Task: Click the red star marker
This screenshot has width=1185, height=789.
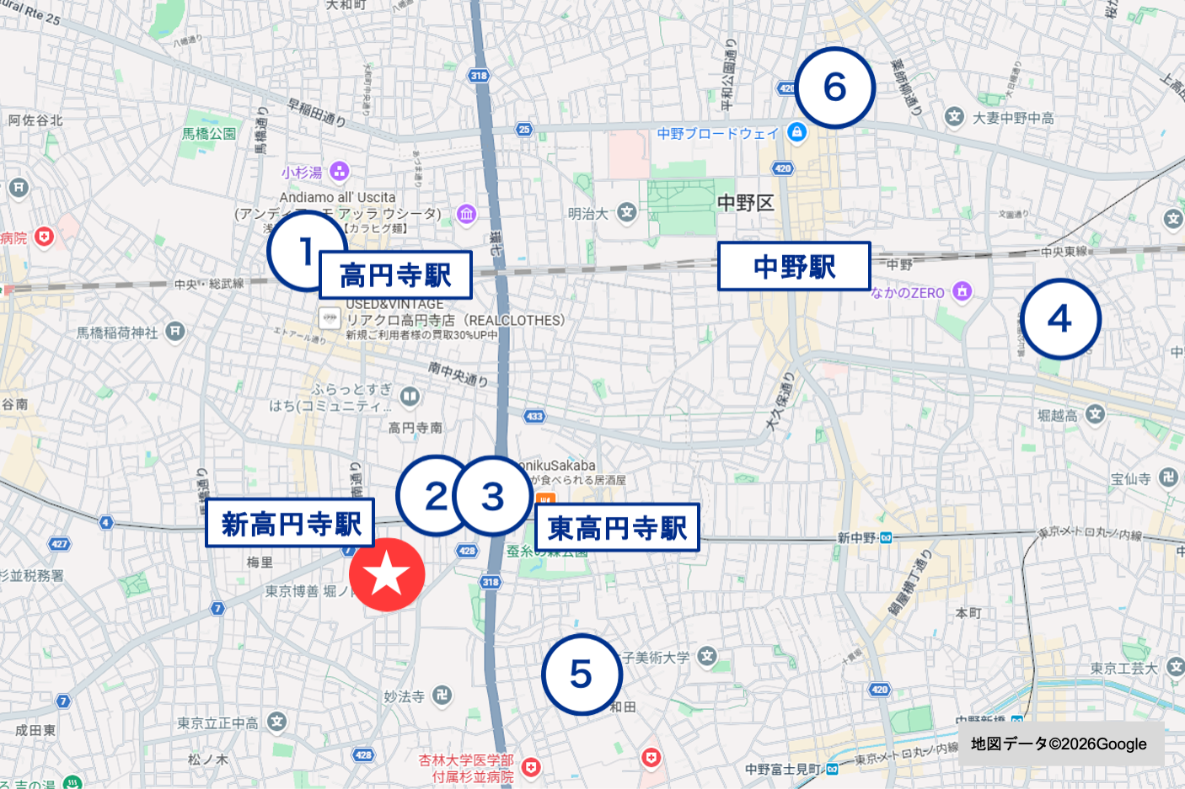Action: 387,574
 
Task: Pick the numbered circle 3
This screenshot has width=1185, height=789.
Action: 493,496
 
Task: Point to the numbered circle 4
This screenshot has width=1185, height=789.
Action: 1059,319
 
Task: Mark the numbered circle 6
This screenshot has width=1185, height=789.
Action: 834,87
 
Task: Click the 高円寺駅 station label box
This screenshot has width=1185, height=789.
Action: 395,275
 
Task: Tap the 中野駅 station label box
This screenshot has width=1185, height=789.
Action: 794,266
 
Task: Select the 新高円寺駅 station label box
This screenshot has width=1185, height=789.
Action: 290,523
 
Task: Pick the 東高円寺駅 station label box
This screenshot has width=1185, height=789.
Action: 617,528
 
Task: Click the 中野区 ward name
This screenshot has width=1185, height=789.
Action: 745,203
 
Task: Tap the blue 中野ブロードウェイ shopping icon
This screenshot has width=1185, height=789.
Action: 796,132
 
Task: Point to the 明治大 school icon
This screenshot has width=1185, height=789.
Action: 626,213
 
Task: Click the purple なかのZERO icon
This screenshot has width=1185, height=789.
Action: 962,292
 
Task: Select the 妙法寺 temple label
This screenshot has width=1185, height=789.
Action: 405,696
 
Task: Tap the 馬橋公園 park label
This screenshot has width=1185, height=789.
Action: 209,133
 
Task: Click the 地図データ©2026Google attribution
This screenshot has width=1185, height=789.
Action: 1059,744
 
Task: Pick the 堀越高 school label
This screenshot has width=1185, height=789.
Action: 1058,415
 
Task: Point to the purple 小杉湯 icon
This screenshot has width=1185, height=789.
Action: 339,172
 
